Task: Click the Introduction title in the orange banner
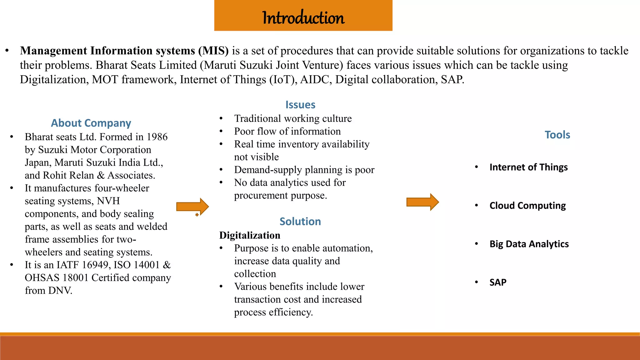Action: click(303, 17)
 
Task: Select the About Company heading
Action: click(91, 123)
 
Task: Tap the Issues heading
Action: click(300, 105)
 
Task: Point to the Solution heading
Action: click(300, 221)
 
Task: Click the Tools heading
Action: click(557, 135)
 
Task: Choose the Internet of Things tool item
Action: click(528, 167)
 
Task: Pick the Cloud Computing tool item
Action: click(527, 206)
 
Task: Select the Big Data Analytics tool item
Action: click(529, 244)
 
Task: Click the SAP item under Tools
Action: click(498, 282)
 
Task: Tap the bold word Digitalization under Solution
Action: click(250, 235)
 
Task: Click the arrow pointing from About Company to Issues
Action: click(192, 207)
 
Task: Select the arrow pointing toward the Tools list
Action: click(422, 202)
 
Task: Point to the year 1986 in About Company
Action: click(157, 137)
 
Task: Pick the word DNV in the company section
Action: click(60, 291)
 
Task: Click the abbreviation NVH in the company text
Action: click(108, 201)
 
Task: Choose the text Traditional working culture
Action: click(293, 119)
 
